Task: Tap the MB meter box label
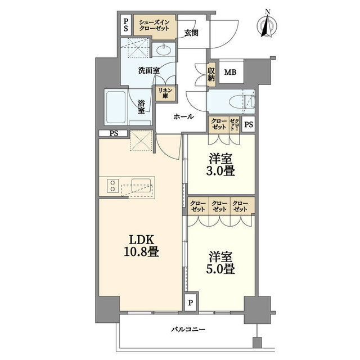pyautogui.click(x=230, y=73)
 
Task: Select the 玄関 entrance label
pyautogui.click(x=191, y=33)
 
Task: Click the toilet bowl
pyautogui.click(x=242, y=101)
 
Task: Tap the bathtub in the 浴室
pyautogui.click(x=116, y=107)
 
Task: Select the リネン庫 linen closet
pyautogui.click(x=165, y=93)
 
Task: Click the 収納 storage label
pyautogui.click(x=211, y=74)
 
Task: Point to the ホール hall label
pyautogui.click(x=184, y=116)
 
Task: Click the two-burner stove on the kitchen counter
pyautogui.click(x=112, y=186)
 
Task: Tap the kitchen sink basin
pyautogui.click(x=141, y=185)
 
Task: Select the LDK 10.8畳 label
pyautogui.click(x=141, y=246)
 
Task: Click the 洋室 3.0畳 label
pyautogui.click(x=220, y=165)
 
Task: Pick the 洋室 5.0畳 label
pyautogui.click(x=220, y=263)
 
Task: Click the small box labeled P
pyautogui.click(x=191, y=303)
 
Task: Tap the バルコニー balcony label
pyautogui.click(x=188, y=330)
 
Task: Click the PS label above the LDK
pyautogui.click(x=114, y=133)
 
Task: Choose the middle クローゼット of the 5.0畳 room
pyautogui.click(x=219, y=206)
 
